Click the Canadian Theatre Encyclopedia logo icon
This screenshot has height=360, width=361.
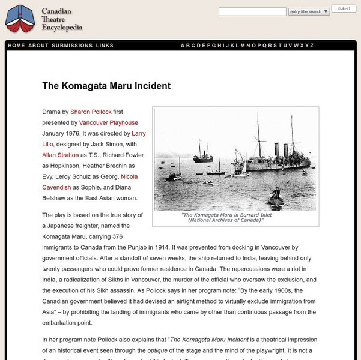tap(19, 19)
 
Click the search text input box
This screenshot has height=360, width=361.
tap(252, 11)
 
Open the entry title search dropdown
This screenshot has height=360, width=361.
tap(309, 11)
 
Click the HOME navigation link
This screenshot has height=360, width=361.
tap(17, 46)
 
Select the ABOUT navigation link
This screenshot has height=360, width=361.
tap(38, 46)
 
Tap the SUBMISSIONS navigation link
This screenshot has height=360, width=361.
tap(72, 46)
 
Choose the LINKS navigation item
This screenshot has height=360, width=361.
tap(105, 46)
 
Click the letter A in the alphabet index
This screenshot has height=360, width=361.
tap(183, 46)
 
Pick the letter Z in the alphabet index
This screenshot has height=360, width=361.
tap(312, 46)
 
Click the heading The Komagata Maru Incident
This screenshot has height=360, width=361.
tap(106, 86)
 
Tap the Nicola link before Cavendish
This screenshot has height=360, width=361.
tap(129, 176)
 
